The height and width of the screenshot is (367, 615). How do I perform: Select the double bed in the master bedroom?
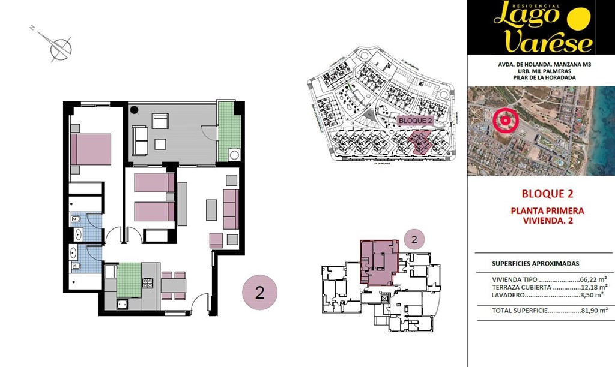tap(91, 149)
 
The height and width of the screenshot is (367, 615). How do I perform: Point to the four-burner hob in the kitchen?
tap(148, 282)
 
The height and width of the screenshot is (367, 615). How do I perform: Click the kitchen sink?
tap(122, 304)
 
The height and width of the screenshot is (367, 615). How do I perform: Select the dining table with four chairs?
tap(173, 286)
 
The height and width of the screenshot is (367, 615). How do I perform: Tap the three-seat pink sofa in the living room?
tap(231, 209)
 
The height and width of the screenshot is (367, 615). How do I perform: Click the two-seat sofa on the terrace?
tap(141, 140)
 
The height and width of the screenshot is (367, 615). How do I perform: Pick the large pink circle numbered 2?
tap(259, 293)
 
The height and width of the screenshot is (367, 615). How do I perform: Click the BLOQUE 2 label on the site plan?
tap(416, 121)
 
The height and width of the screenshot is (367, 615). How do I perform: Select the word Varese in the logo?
tap(548, 42)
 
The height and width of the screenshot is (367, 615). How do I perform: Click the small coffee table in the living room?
tap(211, 209)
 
